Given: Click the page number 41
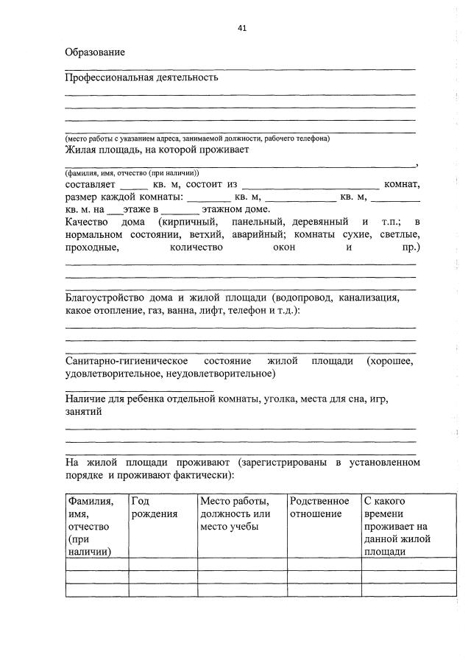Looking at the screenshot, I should [x=242, y=28].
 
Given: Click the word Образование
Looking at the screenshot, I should [x=95, y=52].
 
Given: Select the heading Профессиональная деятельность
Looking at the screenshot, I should [x=141, y=77].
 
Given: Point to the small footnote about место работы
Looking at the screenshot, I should [x=196, y=138].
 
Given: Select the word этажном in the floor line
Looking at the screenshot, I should [x=215, y=209].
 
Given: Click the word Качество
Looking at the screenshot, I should [x=86, y=222].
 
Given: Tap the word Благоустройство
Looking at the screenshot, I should [x=110, y=298].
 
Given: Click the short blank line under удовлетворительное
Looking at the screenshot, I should [x=139, y=389].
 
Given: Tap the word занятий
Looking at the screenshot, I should [x=83, y=413].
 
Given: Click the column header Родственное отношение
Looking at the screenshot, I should [x=319, y=507].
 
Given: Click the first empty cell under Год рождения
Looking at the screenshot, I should [x=162, y=564].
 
